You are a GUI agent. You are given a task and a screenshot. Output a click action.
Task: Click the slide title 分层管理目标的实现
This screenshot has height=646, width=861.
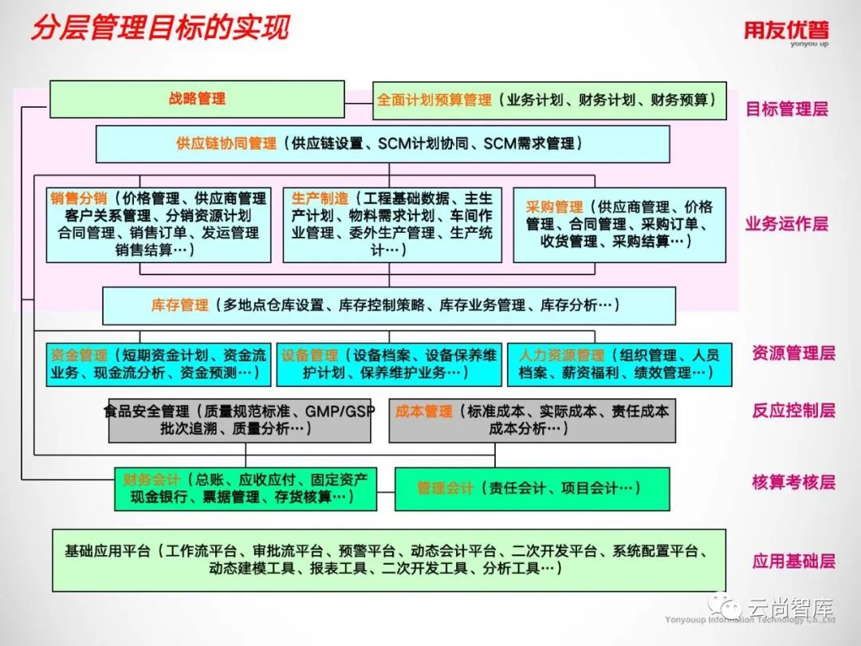pos(159,28)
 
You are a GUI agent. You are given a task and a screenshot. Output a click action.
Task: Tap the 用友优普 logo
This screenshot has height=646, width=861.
pos(786,31)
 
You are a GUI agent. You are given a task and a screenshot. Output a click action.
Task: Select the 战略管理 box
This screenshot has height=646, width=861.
pos(197,99)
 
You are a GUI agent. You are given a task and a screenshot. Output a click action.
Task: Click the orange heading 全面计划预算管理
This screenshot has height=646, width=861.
pos(434,100)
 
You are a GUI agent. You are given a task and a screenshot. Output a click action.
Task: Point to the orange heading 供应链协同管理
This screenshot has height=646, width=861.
pos(226,144)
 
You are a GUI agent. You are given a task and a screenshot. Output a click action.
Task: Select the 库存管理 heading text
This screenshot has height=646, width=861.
pos(179,305)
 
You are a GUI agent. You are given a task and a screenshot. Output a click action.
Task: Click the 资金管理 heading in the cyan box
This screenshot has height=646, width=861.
pos(78,356)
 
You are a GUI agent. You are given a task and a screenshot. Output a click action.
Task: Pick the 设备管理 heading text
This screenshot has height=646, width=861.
pos(309,356)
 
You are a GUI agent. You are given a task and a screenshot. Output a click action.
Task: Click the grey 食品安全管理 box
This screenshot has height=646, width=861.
pos(239,420)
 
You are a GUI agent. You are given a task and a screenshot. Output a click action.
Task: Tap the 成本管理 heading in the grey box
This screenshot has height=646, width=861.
pos(423,412)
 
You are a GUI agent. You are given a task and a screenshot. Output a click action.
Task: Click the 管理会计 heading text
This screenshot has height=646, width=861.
pos(445,489)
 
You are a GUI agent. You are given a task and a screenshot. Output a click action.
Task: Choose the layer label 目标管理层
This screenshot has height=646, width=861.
pos(786,108)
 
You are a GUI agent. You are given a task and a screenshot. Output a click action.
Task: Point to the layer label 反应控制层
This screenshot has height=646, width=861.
pos(792,411)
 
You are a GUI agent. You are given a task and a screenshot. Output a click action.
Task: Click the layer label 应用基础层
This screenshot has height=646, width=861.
pos(792,561)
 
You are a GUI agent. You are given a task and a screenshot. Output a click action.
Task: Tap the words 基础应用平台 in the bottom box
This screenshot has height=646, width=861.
pos(108,551)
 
